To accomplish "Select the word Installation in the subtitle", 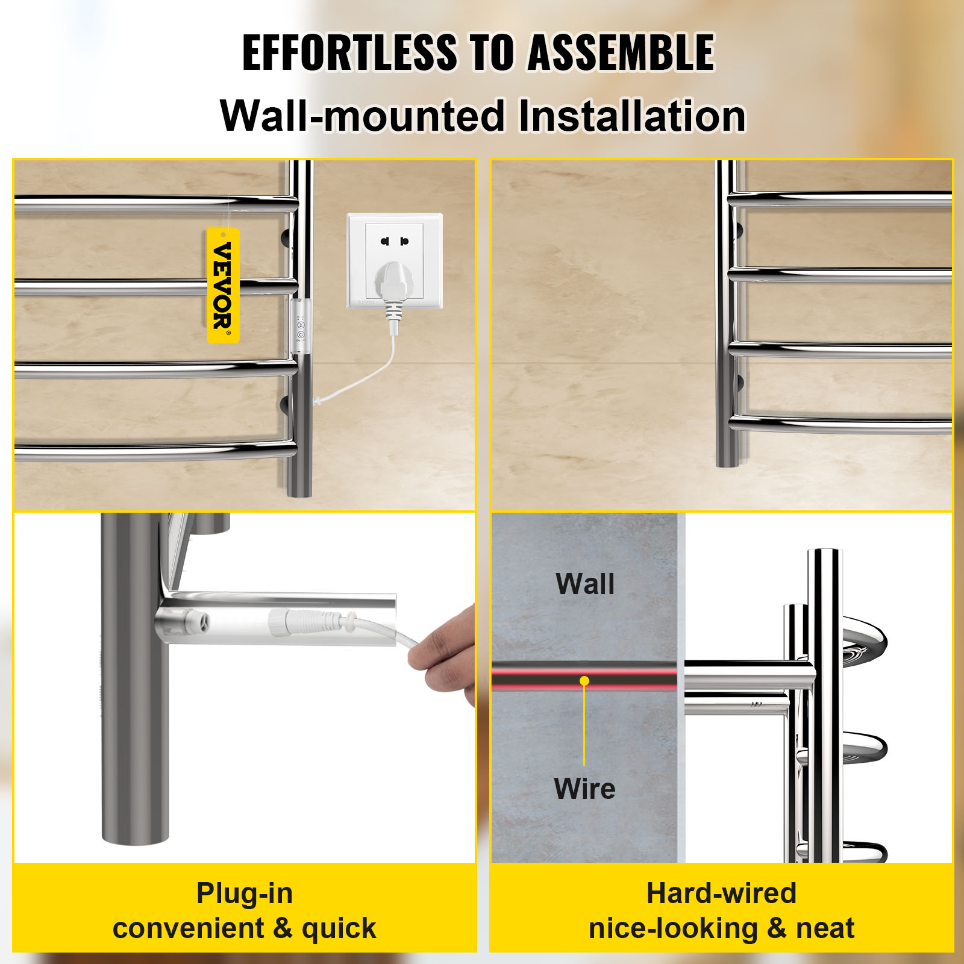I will pos(631,116).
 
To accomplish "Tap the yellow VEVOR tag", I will pos(223,286).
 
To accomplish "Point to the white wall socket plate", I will pos(395,260).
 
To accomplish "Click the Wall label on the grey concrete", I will pos(585,584).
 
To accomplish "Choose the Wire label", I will pos(584,789).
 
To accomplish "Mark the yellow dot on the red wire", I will pos(584,681).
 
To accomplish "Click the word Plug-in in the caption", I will pos(245,893).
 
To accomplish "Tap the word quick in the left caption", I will pos(339,928).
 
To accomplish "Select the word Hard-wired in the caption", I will pos(721,893).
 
